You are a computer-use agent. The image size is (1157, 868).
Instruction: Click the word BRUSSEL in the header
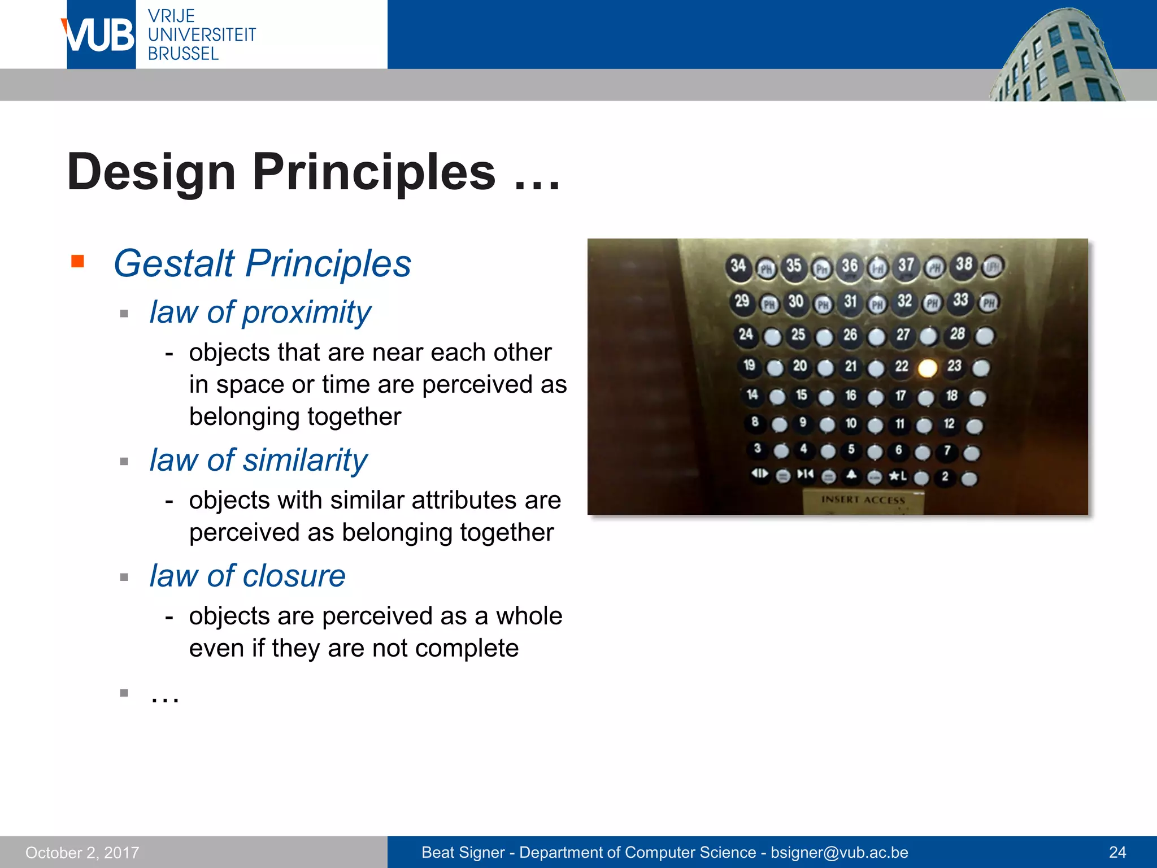(x=183, y=54)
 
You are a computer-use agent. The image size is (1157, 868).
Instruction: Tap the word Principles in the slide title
(x=373, y=172)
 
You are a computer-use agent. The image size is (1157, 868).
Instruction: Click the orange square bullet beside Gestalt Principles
(x=78, y=261)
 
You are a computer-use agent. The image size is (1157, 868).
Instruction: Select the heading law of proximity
(x=260, y=312)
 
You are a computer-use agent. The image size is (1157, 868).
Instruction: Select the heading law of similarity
(x=258, y=460)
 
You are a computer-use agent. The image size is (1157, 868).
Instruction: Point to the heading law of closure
(x=247, y=576)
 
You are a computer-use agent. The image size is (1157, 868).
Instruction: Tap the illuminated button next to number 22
(x=927, y=368)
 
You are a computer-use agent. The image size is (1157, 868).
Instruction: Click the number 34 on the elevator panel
(x=738, y=266)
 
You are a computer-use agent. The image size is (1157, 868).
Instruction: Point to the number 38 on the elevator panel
(x=964, y=264)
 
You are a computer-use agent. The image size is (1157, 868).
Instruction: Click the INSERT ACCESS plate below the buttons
(x=863, y=501)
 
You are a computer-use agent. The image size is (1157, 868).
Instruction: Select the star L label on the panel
(x=897, y=476)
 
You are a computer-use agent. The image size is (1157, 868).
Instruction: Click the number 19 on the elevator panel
(x=749, y=365)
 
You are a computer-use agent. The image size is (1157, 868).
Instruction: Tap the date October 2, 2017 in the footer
(x=82, y=852)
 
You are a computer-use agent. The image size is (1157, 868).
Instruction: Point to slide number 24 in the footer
(x=1117, y=852)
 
